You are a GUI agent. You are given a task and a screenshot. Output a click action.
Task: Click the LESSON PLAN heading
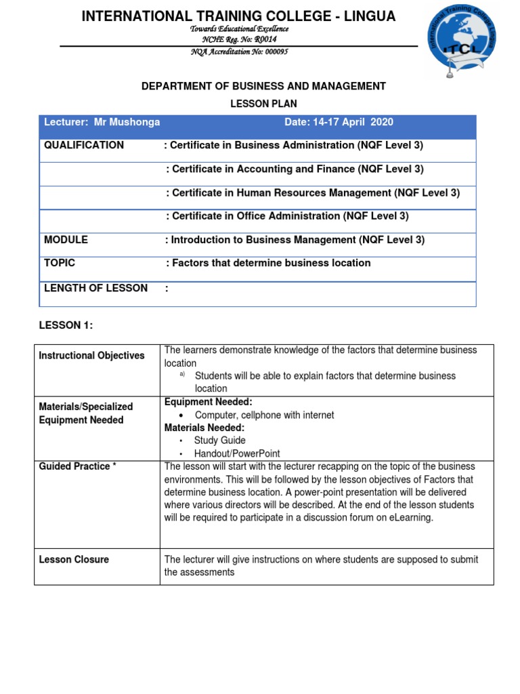[x=263, y=104]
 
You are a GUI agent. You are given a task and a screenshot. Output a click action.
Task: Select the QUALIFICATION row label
[x=84, y=145]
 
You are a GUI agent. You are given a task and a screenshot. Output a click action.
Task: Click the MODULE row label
[x=66, y=240]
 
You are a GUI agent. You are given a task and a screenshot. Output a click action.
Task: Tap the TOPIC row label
[x=60, y=263]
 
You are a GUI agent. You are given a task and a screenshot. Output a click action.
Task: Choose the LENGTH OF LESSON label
[x=95, y=288]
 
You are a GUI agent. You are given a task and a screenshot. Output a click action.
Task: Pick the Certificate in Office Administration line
[x=287, y=216]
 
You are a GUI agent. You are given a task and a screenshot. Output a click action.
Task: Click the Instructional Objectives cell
[x=91, y=356]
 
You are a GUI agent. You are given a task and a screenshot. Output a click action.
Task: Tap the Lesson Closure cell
[x=74, y=560]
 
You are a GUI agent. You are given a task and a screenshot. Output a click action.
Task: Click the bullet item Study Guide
[x=219, y=441]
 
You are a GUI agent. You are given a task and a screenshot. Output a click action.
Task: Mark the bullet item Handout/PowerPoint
[x=237, y=453]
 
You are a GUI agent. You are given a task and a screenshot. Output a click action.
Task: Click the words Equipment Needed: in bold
[x=208, y=402]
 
